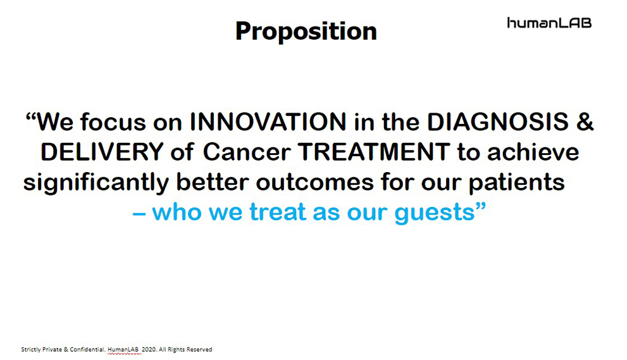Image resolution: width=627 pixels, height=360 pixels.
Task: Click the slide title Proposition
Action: pos(306,32)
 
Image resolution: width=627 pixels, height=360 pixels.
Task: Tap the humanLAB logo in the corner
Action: pos(549,23)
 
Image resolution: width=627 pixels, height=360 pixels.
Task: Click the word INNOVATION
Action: pos(268,121)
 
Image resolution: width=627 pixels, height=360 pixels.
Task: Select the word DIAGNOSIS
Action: pos(498,121)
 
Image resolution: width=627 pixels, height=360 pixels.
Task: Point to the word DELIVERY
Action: pos(102,152)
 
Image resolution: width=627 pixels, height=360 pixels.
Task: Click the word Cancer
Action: pos(247,152)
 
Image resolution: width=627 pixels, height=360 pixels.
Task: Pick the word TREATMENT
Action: pos(374,152)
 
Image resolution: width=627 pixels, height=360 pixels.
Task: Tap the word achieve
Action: pos(533,152)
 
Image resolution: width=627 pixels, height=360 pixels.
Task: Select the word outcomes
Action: pos(314,182)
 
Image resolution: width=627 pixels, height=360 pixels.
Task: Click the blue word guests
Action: pos(435,213)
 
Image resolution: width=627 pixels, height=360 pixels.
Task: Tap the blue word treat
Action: pos(278,212)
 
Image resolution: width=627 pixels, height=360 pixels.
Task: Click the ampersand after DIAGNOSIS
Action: pos(585,121)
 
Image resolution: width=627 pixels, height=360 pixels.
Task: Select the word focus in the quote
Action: pos(113,121)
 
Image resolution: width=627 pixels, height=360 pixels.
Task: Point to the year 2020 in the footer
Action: pos(149,350)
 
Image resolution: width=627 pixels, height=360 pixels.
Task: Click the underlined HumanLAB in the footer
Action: pos(123,350)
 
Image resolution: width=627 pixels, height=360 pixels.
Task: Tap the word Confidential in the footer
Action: pos(87,350)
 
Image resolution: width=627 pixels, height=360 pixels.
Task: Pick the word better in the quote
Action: pos(213,182)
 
